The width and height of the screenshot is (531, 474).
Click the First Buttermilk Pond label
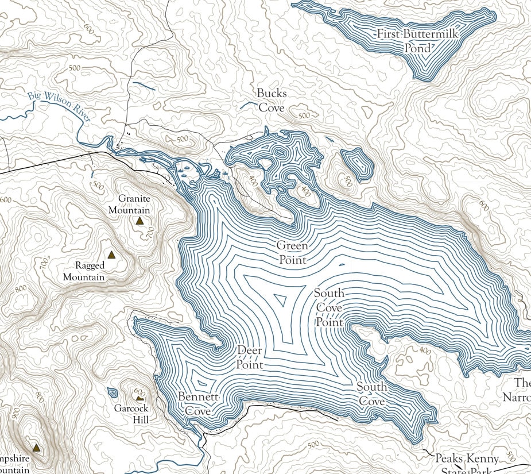point(417,41)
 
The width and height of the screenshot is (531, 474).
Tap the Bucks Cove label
point(272,100)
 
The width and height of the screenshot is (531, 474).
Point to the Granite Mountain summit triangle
point(139,220)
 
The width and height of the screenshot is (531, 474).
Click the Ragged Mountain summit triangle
point(111,255)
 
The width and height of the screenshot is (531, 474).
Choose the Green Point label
point(292,253)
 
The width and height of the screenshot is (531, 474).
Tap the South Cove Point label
point(329,308)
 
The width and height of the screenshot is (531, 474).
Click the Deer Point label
point(250,357)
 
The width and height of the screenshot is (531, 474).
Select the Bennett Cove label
point(197,404)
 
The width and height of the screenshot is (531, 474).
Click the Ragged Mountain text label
point(92,271)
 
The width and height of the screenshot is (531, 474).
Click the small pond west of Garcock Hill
point(113,393)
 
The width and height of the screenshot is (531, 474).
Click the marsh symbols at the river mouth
point(185,170)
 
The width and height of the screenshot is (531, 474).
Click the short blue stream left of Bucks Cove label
point(247,105)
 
